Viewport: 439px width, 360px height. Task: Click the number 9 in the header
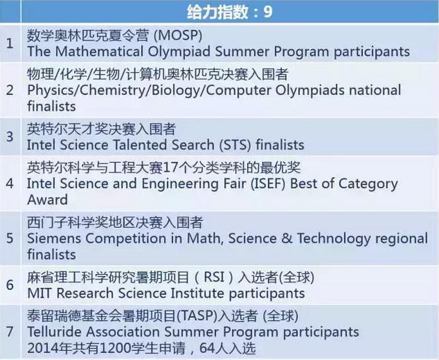(268, 12)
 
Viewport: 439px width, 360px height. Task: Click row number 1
(10, 44)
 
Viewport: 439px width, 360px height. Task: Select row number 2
(10, 90)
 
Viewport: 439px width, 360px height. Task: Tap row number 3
(10, 137)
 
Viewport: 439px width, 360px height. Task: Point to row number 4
(10, 184)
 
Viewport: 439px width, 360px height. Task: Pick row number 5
(10, 238)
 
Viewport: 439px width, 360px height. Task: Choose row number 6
(10, 285)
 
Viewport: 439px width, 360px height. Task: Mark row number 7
(10, 332)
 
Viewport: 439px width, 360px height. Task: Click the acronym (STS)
(235, 145)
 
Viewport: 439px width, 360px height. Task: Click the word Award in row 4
(48, 199)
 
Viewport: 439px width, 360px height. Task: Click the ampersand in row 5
(287, 238)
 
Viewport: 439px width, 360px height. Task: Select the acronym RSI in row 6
(214, 277)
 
